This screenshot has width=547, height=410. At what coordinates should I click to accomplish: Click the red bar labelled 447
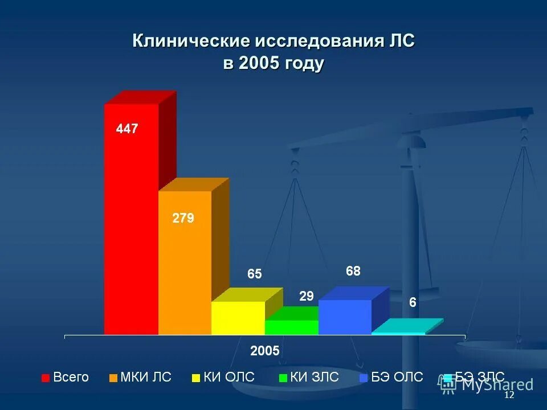131,228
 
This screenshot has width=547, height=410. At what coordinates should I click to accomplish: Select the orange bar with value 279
185,268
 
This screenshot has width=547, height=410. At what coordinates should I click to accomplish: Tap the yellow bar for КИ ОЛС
238,318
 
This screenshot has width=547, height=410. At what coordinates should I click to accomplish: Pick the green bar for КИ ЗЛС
292,327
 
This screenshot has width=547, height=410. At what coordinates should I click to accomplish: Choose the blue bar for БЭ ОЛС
345,317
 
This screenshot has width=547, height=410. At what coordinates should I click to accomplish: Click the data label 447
127,129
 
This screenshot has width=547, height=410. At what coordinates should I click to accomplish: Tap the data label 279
183,218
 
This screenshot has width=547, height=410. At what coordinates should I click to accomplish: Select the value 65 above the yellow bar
254,274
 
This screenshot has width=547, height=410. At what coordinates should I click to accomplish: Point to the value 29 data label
307,296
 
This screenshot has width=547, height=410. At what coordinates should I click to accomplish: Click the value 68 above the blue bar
353,271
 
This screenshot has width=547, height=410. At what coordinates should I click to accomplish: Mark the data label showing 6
413,303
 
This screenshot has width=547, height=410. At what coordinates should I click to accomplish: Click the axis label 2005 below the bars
265,351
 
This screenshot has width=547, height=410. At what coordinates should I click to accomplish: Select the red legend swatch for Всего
46,378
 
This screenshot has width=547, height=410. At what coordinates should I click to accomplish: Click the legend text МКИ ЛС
146,377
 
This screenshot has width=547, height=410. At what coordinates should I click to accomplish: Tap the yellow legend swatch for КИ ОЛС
195,378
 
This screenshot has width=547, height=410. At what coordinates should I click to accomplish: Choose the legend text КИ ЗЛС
315,377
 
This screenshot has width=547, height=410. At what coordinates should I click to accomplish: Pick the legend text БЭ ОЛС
398,377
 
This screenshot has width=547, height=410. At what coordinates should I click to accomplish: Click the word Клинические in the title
191,42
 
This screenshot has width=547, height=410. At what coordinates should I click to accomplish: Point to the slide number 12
509,395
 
